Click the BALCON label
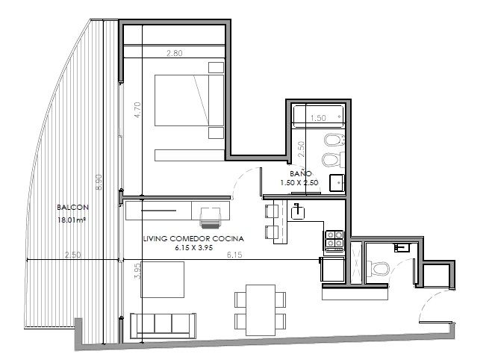(72, 208)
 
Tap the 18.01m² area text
(72, 220)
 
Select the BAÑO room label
(301, 173)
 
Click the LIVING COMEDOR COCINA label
(193, 239)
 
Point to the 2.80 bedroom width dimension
(174, 53)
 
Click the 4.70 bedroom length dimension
(137, 110)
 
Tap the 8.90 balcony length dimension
(99, 182)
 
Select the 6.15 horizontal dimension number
(234, 255)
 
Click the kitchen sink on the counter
(297, 212)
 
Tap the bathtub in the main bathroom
(318, 117)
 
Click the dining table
(261, 310)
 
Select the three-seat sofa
(163, 326)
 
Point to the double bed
(189, 100)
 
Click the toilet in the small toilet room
(378, 268)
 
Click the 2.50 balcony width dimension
(72, 255)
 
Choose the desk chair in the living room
(211, 217)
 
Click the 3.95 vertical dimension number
(137, 271)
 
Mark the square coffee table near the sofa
(162, 279)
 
